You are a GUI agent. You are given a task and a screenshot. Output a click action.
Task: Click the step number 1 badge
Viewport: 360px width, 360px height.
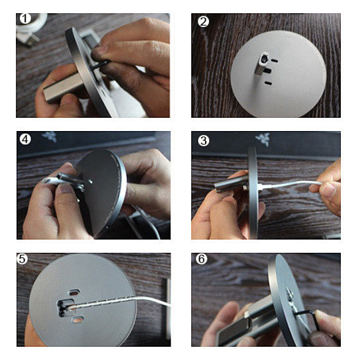(25, 19)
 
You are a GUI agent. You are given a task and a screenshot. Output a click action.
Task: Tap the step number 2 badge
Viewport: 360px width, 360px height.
(203, 22)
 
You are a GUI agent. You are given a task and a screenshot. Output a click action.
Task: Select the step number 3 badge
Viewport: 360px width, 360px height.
(203, 140)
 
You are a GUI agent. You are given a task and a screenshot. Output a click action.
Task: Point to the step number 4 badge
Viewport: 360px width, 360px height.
(25, 139)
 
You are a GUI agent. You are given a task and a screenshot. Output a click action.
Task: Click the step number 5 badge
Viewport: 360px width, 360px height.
(22, 259)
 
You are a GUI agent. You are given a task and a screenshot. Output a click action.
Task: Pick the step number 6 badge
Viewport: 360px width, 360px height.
(201, 259)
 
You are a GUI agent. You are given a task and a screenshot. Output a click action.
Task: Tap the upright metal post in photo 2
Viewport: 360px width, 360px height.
(262, 63)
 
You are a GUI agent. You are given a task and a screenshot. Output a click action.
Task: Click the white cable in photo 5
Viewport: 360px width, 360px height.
(119, 302)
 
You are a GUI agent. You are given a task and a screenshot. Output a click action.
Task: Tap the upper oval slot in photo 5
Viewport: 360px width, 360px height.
(75, 292)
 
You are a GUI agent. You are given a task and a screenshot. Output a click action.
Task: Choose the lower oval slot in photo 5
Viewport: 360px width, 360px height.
(77, 320)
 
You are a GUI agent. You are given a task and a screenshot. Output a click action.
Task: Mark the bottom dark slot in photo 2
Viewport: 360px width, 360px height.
(268, 83)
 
